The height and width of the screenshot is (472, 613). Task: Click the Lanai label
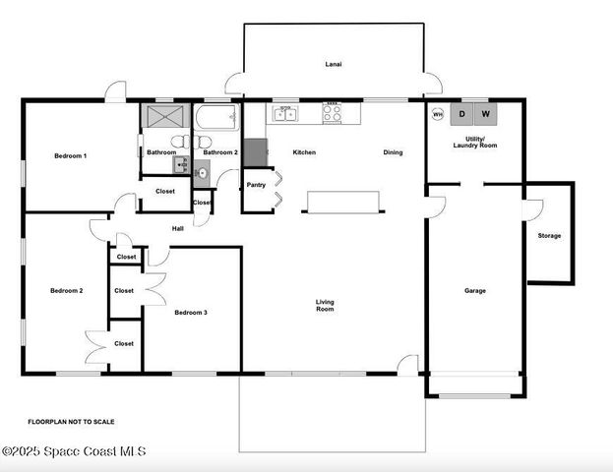[334, 64]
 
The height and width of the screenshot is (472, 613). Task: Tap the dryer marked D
[462, 114]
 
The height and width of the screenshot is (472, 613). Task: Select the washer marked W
[485, 114]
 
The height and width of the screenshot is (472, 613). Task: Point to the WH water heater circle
[438, 114]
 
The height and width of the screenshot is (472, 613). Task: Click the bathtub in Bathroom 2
[216, 120]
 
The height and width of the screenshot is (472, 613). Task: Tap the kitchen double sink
[284, 115]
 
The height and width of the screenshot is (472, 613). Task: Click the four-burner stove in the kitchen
[333, 115]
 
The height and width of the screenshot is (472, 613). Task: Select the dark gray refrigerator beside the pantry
[255, 152]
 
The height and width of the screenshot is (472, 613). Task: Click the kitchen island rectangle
[342, 202]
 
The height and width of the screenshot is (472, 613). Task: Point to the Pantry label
[256, 185]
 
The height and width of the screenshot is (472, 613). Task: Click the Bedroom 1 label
[70, 156]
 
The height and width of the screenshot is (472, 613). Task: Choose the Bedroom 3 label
[191, 313]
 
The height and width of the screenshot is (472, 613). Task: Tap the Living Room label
[325, 306]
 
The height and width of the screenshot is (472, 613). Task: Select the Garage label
[475, 290]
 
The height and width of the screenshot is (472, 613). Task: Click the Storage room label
[549, 236]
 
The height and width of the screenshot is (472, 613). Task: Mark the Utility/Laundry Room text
[475, 142]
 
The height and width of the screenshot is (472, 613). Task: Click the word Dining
[393, 152]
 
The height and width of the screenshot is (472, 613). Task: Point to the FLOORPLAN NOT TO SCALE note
[71, 422]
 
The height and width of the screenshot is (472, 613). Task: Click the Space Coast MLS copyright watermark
[74, 451]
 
